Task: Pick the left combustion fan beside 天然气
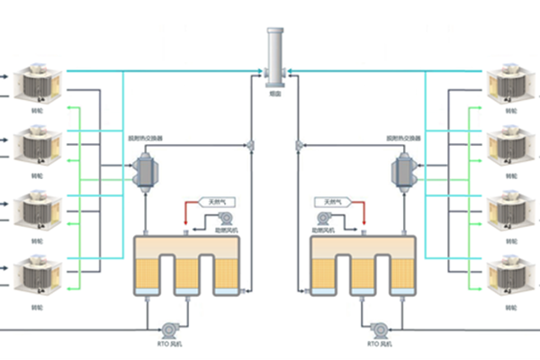pyautogui.click(x=225, y=218)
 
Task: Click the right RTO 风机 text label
pyautogui.click(x=380, y=345)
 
